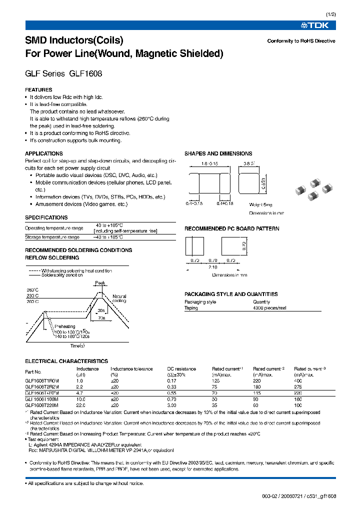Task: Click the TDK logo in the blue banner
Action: tap(321, 25)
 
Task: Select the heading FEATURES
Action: tap(38, 90)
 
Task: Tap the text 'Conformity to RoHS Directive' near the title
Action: tap(301, 41)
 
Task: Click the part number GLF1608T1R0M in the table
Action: tap(41, 380)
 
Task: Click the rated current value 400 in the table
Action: tap(298, 380)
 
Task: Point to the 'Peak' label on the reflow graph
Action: tap(100, 283)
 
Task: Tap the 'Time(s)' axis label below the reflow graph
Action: tap(77, 345)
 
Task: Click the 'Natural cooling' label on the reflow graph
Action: tap(119, 298)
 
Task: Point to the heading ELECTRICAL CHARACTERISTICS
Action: tap(66, 361)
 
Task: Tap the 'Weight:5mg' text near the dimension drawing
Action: tap(261, 204)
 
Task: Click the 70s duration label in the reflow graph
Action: tap(102, 317)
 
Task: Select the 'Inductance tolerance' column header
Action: tap(131, 369)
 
